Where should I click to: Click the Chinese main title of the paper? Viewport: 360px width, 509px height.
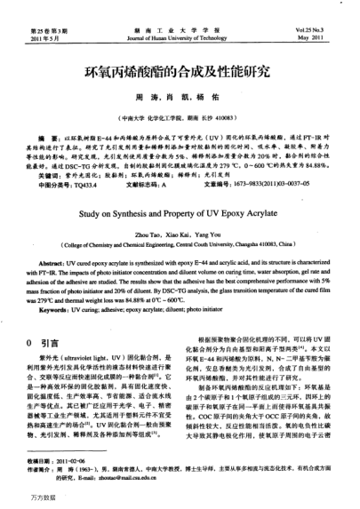coord(179,68)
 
